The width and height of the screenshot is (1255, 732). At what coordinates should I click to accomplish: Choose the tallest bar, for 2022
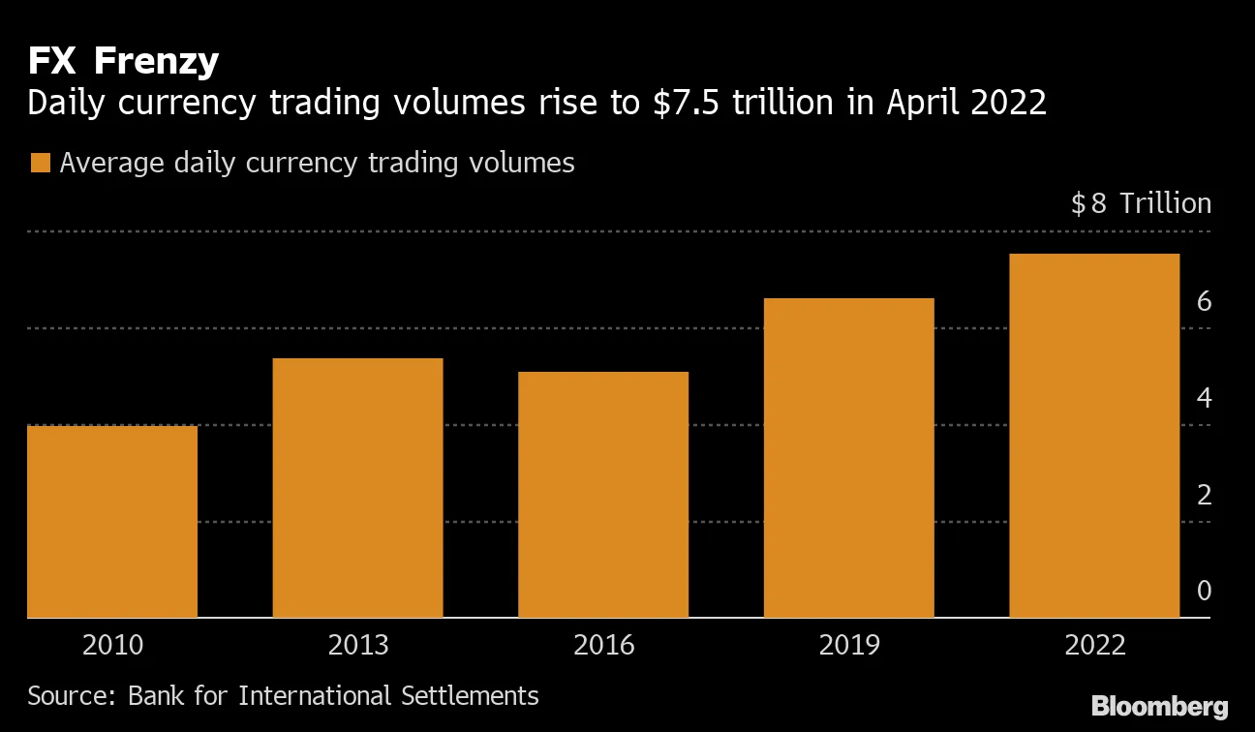(x=1094, y=435)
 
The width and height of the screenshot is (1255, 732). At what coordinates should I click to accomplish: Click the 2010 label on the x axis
(x=112, y=646)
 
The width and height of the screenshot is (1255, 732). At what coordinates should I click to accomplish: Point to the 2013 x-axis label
(x=357, y=646)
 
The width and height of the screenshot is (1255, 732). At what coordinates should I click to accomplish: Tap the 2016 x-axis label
(x=603, y=646)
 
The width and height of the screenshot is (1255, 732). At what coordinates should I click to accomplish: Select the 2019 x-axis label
(x=848, y=646)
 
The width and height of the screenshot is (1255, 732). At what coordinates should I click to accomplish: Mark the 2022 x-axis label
(x=1094, y=646)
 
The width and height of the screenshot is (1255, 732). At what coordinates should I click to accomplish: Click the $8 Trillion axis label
(x=1141, y=203)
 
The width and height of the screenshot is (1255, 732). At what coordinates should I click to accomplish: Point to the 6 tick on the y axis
(x=1204, y=302)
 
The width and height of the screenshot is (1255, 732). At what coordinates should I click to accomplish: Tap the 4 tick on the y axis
(x=1204, y=398)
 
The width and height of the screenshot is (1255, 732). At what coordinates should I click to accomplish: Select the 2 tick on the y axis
(x=1204, y=495)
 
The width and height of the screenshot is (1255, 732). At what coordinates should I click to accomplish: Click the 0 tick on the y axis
(x=1204, y=591)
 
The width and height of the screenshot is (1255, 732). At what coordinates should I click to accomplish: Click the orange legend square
(x=40, y=163)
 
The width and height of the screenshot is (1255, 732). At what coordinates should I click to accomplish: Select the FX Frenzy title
(x=123, y=62)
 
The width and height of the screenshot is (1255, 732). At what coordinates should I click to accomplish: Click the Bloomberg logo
(x=1159, y=706)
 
